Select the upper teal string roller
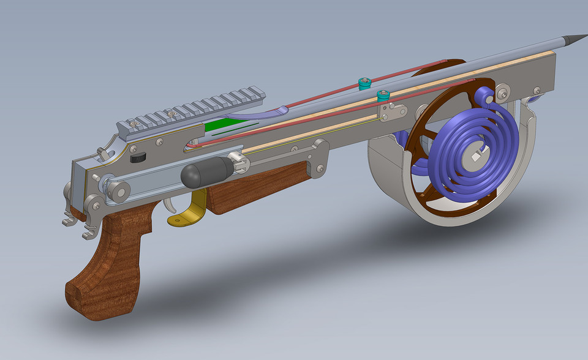(x=364, y=83)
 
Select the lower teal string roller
(x=384, y=96)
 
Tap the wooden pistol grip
(x=110, y=263)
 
